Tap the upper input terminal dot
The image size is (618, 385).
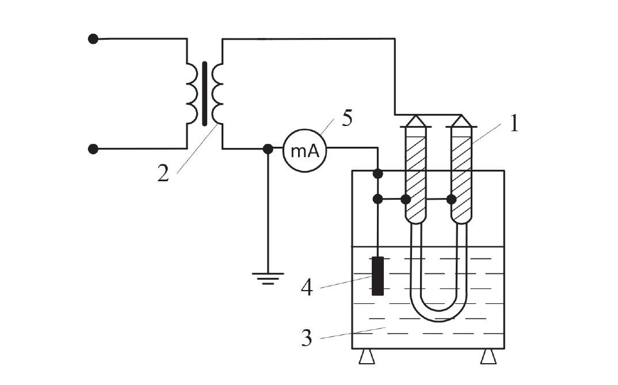coord(93,39)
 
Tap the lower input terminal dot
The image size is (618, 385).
coord(93,149)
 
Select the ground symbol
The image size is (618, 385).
coord(268,278)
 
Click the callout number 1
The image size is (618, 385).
coord(514,123)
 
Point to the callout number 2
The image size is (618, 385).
coord(163,173)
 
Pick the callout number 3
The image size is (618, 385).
coord(307,338)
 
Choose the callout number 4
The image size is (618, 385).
coord(307,288)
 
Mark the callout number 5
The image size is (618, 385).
coord(347,118)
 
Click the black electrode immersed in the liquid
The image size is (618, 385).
coord(377,276)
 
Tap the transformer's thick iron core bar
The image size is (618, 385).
coord(204,94)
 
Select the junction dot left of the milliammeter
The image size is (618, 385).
coord(268,149)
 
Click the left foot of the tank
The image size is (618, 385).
coord(367,357)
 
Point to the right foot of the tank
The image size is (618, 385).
coord(489,357)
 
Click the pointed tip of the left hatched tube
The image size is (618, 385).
coord(416,116)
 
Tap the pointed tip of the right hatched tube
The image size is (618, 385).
coord(461,116)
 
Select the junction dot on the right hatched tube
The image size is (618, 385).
coord(451,199)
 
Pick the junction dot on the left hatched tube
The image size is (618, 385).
coord(406,199)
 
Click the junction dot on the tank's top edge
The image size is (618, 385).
coord(377,173)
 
